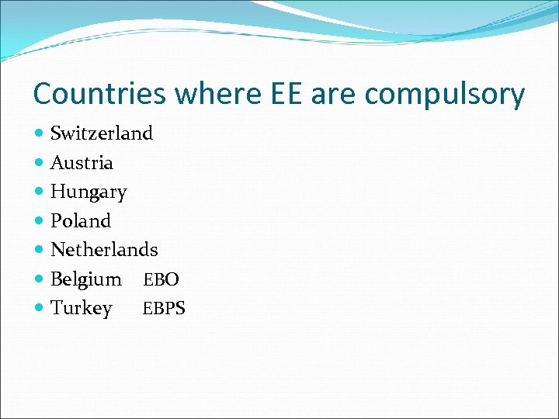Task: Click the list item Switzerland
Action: (x=102, y=133)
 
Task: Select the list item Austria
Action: (x=82, y=163)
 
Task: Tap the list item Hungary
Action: (x=89, y=192)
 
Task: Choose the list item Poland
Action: (x=81, y=221)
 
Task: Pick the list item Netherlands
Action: (x=104, y=250)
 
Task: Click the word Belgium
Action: (x=86, y=279)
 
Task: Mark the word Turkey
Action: (x=82, y=309)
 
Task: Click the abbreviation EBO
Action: (x=161, y=279)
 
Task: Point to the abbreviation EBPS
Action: (x=164, y=309)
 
